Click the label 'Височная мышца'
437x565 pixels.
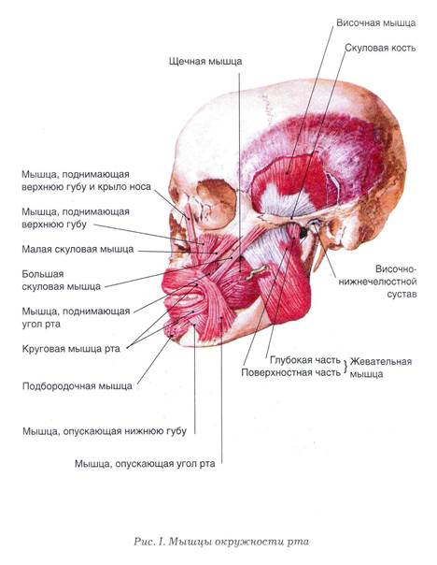(x=376, y=23)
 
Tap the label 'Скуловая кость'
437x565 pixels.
(x=380, y=48)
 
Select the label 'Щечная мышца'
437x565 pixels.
(x=205, y=61)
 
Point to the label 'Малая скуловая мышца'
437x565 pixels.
(x=78, y=249)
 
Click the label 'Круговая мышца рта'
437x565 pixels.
(x=71, y=349)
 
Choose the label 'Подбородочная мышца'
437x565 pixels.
(x=78, y=386)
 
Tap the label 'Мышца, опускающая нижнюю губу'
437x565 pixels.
(x=105, y=431)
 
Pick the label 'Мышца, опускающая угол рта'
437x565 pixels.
(x=145, y=463)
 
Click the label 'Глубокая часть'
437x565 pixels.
(x=305, y=360)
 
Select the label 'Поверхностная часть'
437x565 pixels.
(x=291, y=372)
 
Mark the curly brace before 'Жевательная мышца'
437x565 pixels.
(x=345, y=367)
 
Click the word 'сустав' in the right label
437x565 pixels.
(x=402, y=294)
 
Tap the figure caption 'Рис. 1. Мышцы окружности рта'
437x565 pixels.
(x=221, y=542)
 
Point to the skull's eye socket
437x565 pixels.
(x=216, y=203)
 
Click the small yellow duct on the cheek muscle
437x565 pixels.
(x=256, y=273)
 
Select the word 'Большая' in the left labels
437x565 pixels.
(x=43, y=274)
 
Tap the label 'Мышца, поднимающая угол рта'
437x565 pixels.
(x=76, y=317)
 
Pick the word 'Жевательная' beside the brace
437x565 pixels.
(x=381, y=361)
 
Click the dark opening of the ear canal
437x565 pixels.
(x=303, y=234)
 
